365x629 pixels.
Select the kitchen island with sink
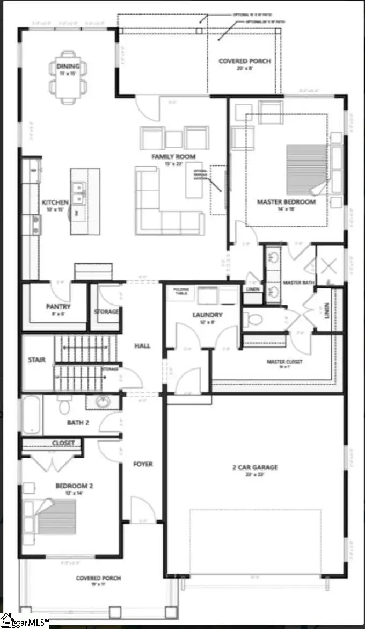click(85, 201)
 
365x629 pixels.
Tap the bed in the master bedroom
click(307, 170)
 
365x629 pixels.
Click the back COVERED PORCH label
click(244, 61)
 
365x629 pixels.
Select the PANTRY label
click(58, 307)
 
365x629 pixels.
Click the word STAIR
click(37, 359)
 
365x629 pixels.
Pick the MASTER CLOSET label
click(284, 362)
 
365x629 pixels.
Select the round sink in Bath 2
click(101, 402)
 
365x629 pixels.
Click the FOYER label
click(143, 464)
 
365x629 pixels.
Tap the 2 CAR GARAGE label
click(254, 467)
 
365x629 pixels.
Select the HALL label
click(142, 346)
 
